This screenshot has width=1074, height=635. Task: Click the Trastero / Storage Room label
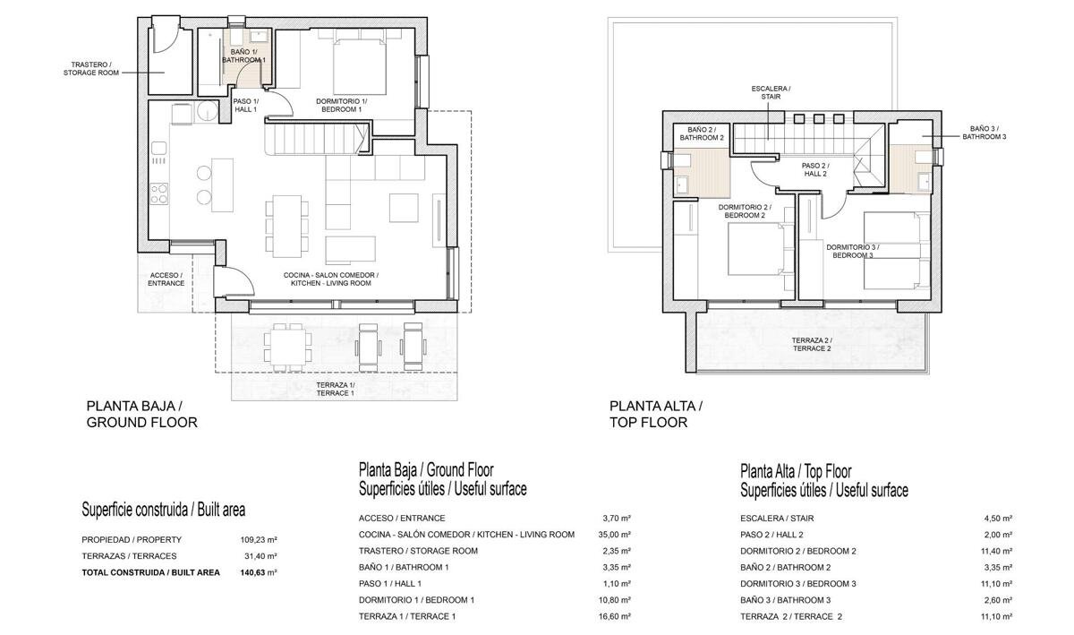point(91,69)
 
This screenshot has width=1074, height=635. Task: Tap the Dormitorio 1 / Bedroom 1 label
point(341,105)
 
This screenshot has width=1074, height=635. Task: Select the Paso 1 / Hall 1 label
point(245,105)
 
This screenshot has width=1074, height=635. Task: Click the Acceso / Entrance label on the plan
point(166,279)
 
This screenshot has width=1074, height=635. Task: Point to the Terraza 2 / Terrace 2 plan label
point(812,344)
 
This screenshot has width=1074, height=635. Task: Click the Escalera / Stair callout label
point(771,92)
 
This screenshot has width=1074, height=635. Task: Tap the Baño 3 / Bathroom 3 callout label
point(984,133)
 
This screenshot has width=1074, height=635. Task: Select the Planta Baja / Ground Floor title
point(142,414)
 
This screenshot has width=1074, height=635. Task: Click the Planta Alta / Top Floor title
point(656,414)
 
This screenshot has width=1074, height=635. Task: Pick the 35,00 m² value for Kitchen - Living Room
point(617,534)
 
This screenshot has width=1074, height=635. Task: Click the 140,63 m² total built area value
point(259,572)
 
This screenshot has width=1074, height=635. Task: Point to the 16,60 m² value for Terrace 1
point(617,616)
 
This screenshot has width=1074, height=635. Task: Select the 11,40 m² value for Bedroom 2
point(996,551)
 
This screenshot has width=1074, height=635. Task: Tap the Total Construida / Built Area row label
point(150,572)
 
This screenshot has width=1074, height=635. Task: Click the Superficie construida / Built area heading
point(164,510)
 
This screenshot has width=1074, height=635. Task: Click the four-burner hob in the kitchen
point(158,193)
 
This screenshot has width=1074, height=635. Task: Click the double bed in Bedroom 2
point(755,250)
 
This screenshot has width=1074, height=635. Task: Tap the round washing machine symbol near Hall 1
point(207,113)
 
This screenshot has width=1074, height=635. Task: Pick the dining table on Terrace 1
point(287,347)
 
